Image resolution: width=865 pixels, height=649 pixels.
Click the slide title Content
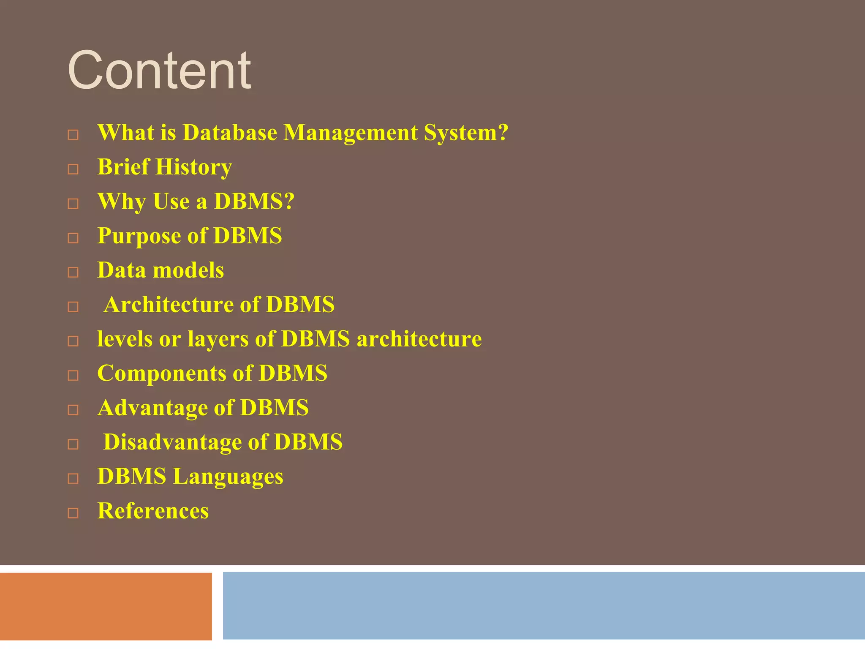click(x=159, y=70)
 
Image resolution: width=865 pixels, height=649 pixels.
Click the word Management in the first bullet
click(x=350, y=133)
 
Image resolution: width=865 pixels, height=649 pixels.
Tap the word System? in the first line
click(x=466, y=133)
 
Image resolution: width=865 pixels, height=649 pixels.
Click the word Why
click(x=122, y=202)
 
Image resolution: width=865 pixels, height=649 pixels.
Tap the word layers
click(x=218, y=339)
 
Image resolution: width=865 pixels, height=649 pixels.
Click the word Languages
click(x=228, y=477)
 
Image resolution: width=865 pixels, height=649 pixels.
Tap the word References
click(x=153, y=511)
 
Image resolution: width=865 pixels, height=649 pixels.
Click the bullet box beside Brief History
click(x=73, y=169)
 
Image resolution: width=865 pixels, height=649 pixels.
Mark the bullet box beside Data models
click(x=73, y=273)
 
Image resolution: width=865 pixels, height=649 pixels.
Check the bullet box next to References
click(x=73, y=513)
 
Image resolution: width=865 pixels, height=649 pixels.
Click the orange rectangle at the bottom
click(x=106, y=606)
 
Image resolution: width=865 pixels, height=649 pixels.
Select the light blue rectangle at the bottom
click(x=544, y=606)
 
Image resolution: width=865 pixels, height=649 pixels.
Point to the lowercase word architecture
click(x=419, y=339)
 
